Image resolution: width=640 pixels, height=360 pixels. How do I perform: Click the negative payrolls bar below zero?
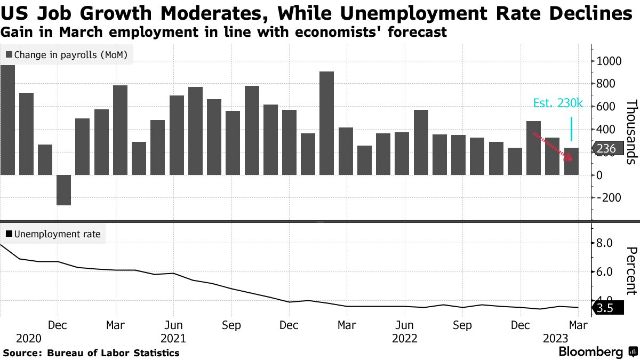coord(64,190)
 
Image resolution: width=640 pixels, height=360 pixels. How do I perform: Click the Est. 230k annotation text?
coord(558,104)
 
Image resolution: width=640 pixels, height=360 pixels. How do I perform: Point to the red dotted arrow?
coord(553,146)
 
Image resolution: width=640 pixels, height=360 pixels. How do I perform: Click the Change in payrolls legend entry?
coord(67,54)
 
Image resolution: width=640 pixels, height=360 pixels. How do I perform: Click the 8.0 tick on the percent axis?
coord(607,243)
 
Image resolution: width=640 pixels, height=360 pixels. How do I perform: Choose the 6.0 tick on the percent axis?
coord(607,272)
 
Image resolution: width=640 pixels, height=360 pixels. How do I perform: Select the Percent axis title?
coord(631,270)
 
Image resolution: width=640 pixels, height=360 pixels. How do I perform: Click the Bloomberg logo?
coord(591,352)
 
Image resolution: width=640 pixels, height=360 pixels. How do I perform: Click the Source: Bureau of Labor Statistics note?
coord(91,353)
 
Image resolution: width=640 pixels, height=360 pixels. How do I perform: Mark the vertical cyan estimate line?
coord(571,129)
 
